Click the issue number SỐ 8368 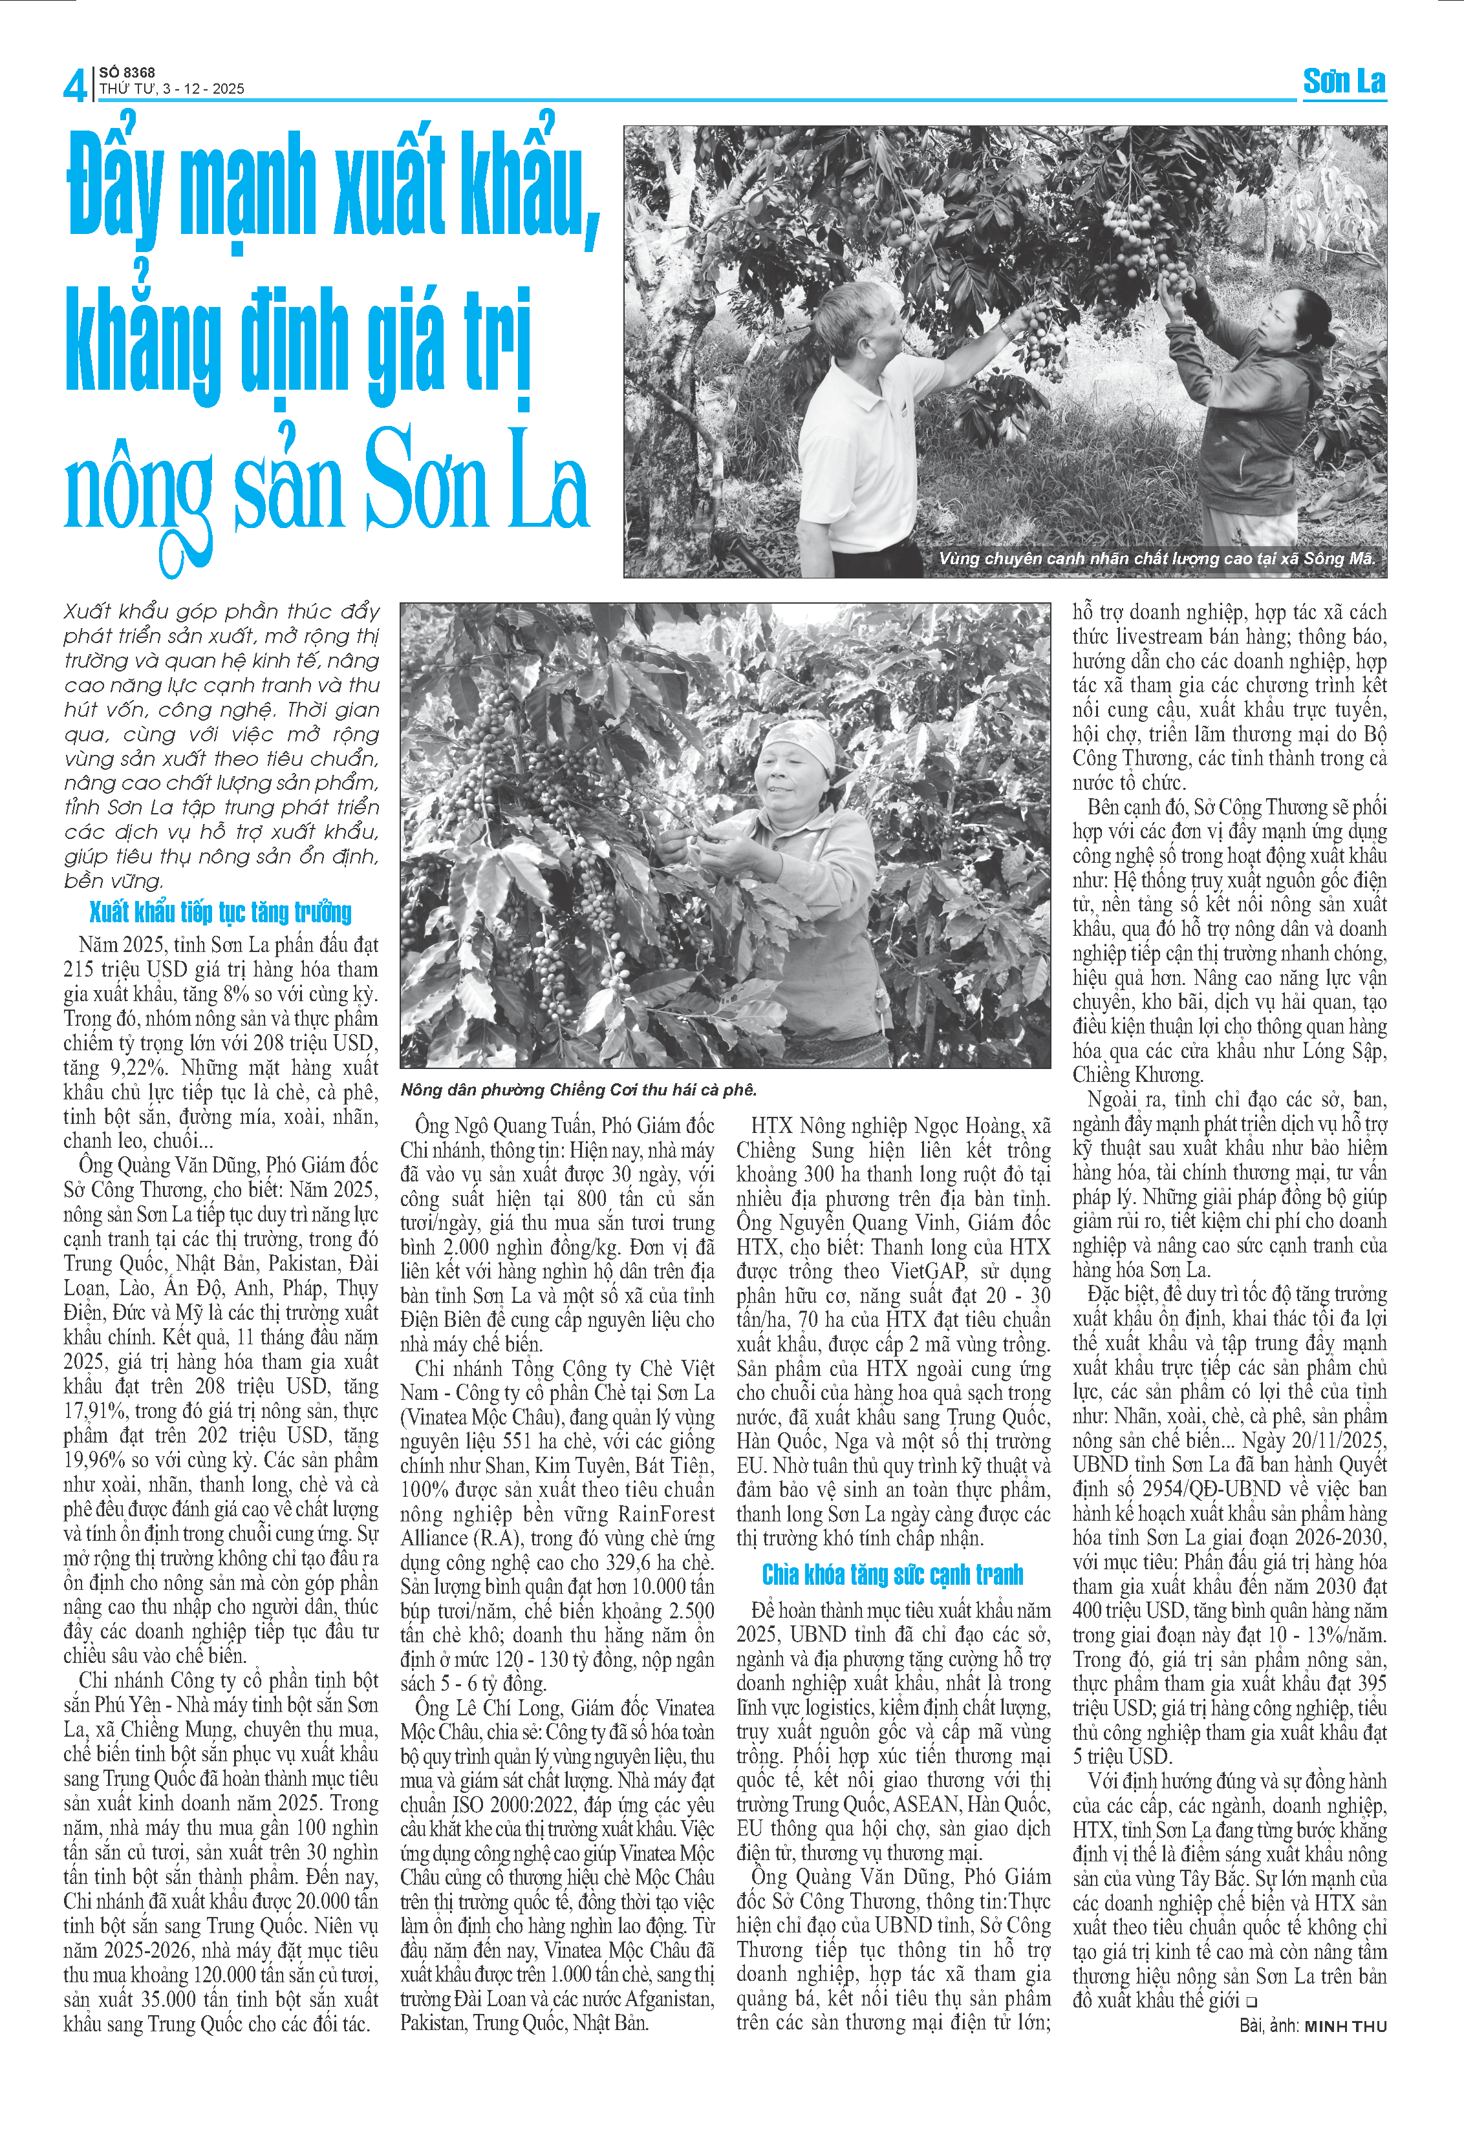127,72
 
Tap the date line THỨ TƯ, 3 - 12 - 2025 172,89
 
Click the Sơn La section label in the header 1344,82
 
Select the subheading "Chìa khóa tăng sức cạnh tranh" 892,1575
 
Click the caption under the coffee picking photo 578,1090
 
